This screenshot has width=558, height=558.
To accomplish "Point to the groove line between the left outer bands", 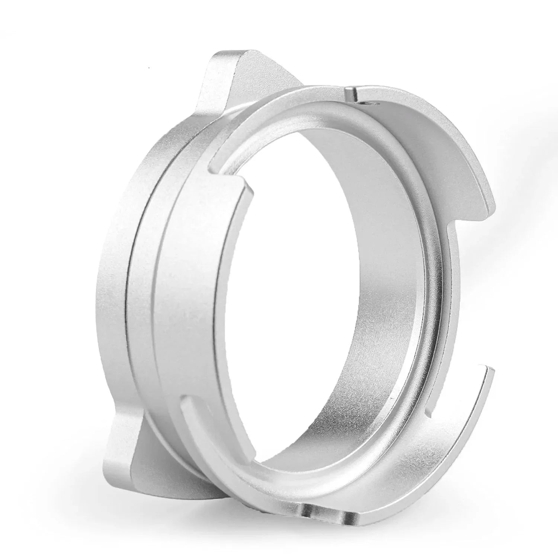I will [x=128, y=298].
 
